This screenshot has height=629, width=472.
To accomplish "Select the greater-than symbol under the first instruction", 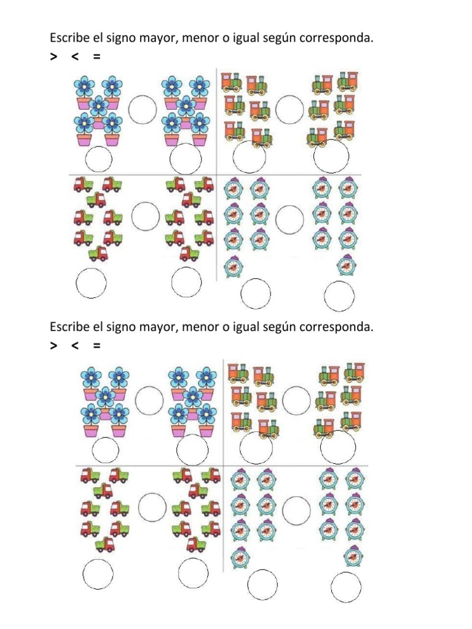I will click(53, 57).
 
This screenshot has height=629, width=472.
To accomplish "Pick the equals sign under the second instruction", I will click(96, 346).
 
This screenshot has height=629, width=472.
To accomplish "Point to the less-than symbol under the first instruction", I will click(75, 57).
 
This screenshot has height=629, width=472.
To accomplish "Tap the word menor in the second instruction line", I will click(200, 327).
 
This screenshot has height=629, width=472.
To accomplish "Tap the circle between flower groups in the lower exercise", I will click(149, 400).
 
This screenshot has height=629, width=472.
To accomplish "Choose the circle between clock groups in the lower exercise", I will click(296, 509).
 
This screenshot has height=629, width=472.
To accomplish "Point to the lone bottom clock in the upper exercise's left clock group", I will click(233, 267).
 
